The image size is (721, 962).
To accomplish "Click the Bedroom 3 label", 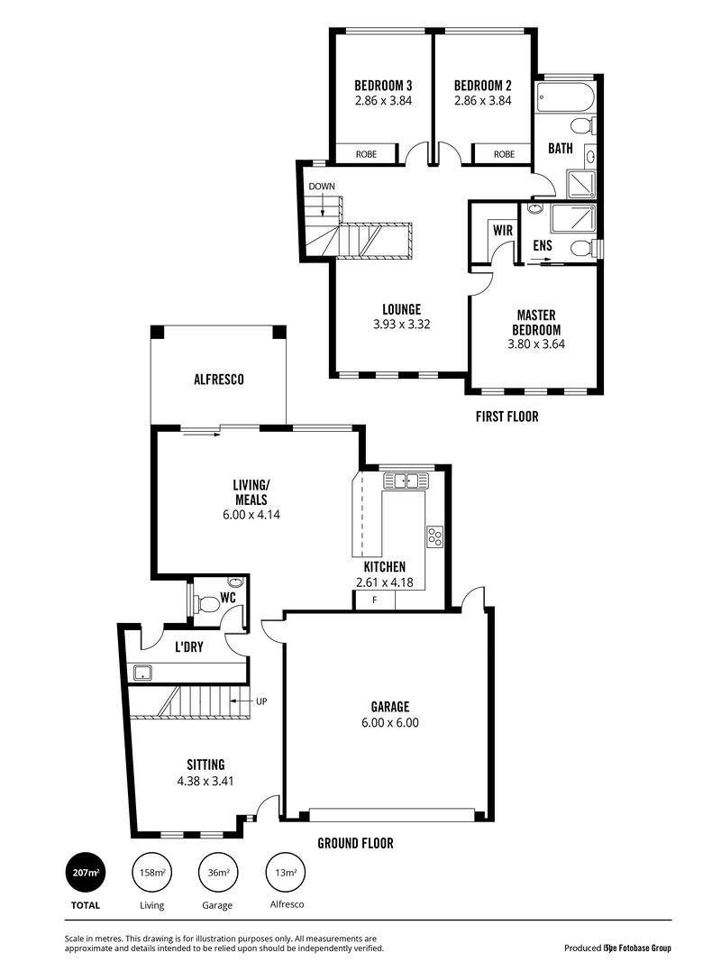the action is click(x=383, y=86).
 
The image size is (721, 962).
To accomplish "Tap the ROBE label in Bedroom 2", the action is click(x=504, y=154).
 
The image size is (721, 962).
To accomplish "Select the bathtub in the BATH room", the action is click(x=565, y=97).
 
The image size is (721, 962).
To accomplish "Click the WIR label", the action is click(x=503, y=231).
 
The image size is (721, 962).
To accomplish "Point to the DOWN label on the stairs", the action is click(x=322, y=187).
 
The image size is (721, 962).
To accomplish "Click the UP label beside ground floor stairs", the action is click(x=261, y=701).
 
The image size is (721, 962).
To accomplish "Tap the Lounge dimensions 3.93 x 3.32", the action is click(x=402, y=325).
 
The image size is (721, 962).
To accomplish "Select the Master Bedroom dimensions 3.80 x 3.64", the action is click(x=536, y=344).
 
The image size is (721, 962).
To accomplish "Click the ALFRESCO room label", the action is click(x=219, y=380).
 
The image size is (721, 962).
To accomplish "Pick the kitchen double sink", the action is click(x=406, y=481).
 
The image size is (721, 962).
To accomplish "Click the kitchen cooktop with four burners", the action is click(x=434, y=536).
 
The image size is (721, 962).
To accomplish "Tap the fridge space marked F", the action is click(x=375, y=600).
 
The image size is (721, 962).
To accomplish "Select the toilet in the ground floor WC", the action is click(x=206, y=604).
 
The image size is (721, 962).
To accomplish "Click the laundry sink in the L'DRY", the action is click(x=143, y=673).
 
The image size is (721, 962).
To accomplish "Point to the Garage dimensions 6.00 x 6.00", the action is click(x=390, y=723).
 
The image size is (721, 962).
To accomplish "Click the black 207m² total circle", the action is click(x=86, y=872).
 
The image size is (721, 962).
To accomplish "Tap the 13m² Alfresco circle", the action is click(x=286, y=872).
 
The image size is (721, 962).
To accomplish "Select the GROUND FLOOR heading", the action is click(x=356, y=844).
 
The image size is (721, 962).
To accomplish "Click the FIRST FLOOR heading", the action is click(x=507, y=417).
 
